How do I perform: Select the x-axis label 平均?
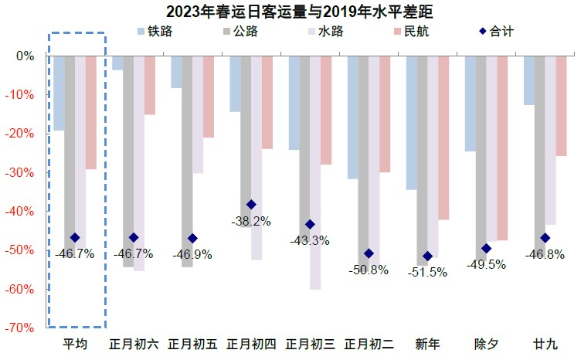[76, 344]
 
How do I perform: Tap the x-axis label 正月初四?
[251, 344]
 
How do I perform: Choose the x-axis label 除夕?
[486, 344]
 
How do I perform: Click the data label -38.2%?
[250, 221]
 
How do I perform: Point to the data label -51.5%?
[427, 272]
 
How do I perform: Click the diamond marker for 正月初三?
[310, 225]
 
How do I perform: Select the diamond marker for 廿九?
[545, 238]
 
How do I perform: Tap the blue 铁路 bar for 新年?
[411, 123]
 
